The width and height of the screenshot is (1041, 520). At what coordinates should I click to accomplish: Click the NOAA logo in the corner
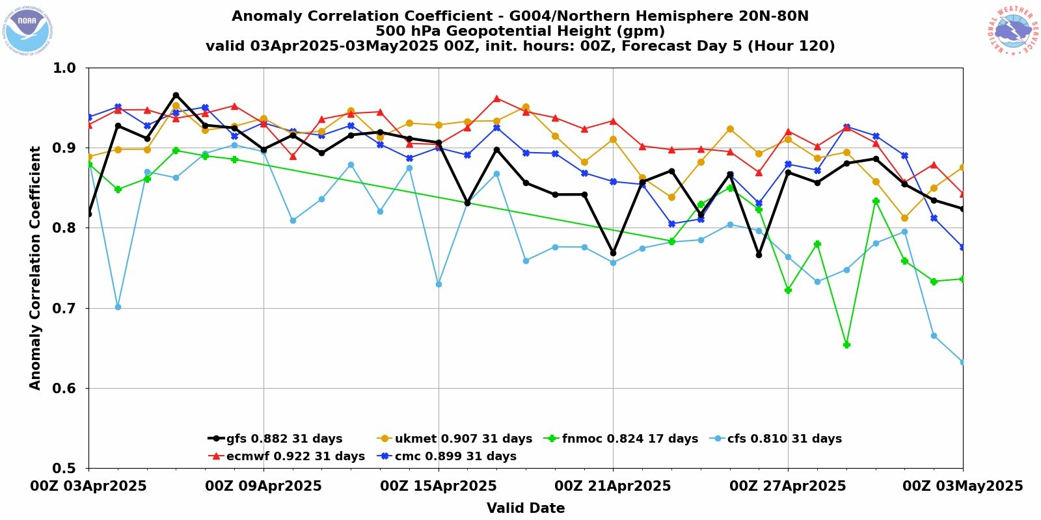click(x=28, y=30)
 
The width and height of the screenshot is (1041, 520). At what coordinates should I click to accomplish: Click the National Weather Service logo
click(x=1012, y=30)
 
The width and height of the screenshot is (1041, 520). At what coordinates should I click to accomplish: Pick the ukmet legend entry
click(x=455, y=439)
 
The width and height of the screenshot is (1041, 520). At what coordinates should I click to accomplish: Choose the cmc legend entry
click(x=447, y=456)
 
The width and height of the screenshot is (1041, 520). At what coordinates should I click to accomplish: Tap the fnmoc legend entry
click(x=621, y=439)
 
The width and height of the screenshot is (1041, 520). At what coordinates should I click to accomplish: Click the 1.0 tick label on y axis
click(x=63, y=68)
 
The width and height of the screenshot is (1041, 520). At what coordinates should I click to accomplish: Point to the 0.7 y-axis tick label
click(x=63, y=308)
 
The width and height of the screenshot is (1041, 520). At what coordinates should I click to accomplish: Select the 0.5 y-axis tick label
click(x=63, y=468)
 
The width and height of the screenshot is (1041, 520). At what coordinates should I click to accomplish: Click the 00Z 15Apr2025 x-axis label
click(x=439, y=486)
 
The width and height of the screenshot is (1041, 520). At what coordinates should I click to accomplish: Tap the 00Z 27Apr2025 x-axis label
click(x=788, y=486)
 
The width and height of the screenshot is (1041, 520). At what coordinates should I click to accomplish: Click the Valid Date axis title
click(x=526, y=508)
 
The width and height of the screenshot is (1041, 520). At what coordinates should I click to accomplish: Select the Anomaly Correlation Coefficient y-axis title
click(x=35, y=268)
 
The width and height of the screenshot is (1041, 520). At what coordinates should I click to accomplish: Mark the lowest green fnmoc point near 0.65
click(x=846, y=344)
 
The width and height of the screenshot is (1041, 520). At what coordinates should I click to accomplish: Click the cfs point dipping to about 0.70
click(x=118, y=307)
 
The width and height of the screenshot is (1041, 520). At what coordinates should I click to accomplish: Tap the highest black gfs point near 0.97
click(x=176, y=96)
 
